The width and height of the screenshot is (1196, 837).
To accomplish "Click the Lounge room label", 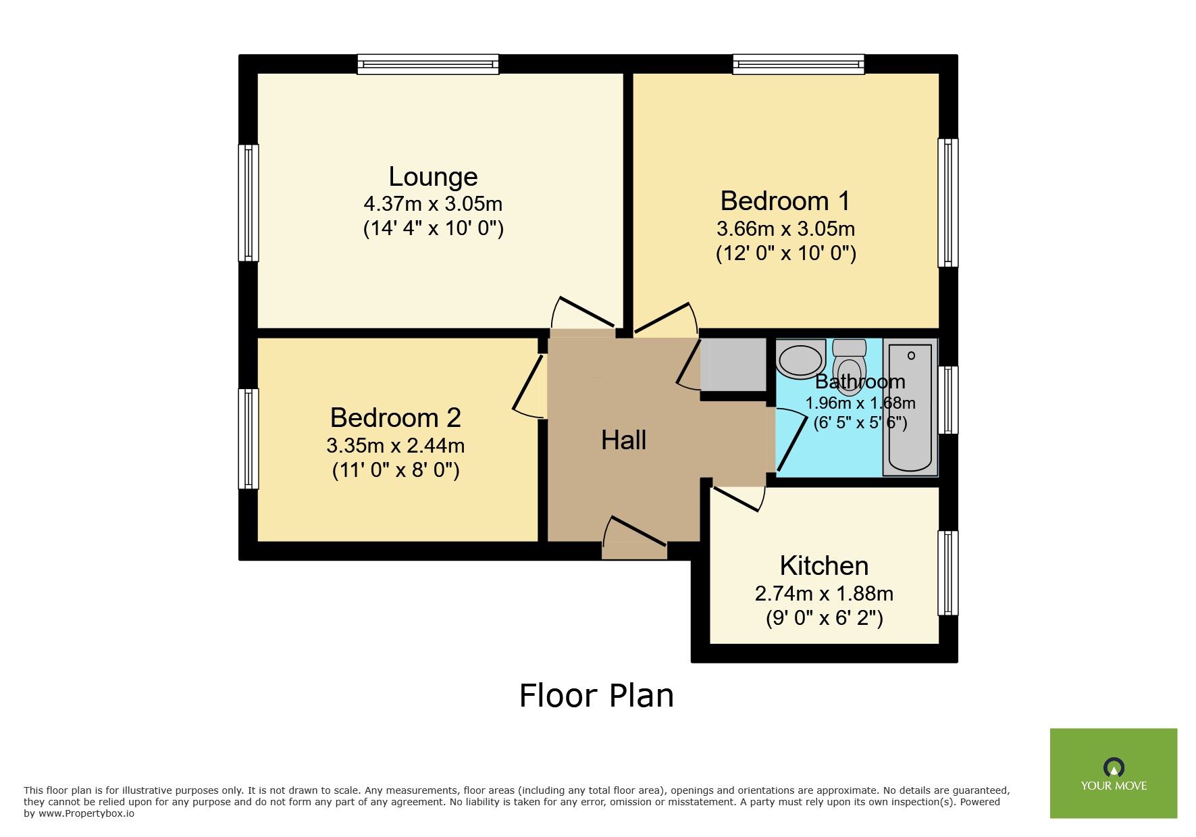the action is tap(433, 177).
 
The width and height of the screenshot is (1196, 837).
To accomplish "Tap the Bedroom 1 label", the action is tap(785, 201).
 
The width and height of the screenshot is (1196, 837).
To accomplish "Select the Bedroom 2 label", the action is tap(396, 418).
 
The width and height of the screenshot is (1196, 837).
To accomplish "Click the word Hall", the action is tap(623, 440).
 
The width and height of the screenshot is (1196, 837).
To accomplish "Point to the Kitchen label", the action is tap(824, 566).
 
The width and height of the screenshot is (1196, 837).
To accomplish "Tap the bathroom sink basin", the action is tap(800, 358).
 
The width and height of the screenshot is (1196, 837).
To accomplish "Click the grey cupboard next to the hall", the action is tap(733, 365).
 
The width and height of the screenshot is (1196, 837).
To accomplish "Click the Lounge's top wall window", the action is tap(428, 64).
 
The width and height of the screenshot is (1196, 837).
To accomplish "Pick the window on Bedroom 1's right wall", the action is tap(948, 203).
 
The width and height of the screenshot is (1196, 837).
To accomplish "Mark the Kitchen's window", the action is tap(948, 573).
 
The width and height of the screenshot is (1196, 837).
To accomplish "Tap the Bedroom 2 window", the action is tap(249, 438).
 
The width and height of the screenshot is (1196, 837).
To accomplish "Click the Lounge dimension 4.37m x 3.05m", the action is tap(433, 203).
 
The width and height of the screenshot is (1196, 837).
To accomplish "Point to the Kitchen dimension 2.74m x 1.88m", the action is tap(824, 594).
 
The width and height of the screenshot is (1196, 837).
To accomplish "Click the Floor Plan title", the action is tap(596, 696).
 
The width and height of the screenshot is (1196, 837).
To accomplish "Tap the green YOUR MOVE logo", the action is tap(1114, 773).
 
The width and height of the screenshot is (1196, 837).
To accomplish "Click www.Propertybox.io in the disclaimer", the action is tap(86, 813).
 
